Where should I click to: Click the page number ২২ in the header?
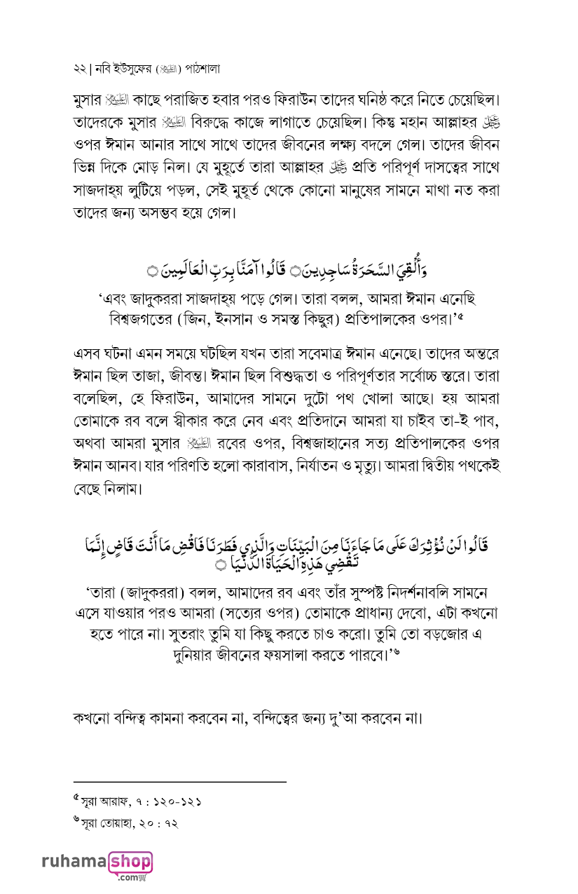[x=78, y=70]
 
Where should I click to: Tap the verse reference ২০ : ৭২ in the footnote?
[x=159, y=822]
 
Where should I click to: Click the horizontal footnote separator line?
[x=180, y=781]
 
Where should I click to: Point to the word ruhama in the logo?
[x=73, y=860]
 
